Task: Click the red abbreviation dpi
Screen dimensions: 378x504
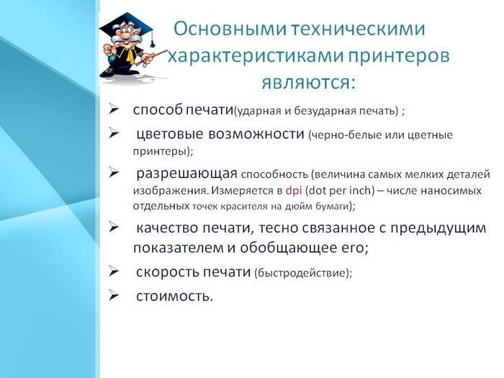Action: (293, 192)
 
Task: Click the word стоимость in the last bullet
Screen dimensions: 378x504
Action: (174, 296)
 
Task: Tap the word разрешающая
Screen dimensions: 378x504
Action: (186, 174)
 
